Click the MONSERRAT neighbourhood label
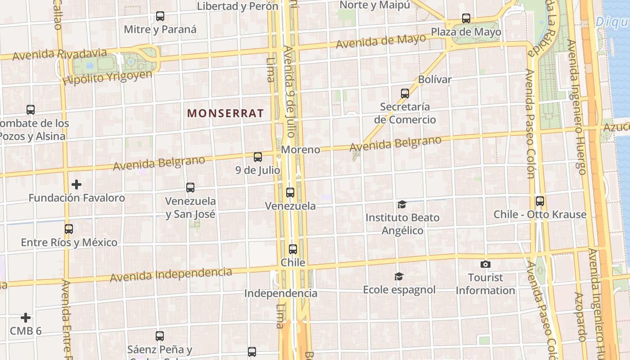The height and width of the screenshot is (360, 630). tap(225, 113)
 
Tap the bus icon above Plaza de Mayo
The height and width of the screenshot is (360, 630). tap(466, 19)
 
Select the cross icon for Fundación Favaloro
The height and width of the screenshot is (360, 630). tap(76, 184)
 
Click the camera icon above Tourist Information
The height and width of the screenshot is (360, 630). tap(486, 264)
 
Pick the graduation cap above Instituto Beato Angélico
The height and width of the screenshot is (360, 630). tap(402, 205)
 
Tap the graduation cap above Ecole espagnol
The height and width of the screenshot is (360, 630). tap(399, 276)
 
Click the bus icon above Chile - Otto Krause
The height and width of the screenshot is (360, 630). tap(540, 201)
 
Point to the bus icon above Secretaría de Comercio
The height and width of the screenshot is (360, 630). tap(405, 94)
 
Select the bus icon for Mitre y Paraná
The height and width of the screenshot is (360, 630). tap(160, 17)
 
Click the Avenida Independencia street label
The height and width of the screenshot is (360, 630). tap(171, 274)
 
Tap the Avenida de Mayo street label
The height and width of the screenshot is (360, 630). tap(381, 42)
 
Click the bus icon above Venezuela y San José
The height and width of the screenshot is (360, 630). tap(190, 188)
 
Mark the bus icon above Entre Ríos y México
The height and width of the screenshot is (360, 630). tap(69, 229)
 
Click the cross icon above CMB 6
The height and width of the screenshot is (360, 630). tap(26, 318)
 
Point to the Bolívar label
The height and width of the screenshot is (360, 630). tap(435, 80)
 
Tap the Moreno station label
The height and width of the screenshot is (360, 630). tap(301, 149)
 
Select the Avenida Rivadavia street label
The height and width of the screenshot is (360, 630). tap(60, 55)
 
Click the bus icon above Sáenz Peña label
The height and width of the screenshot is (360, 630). tap(160, 336)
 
